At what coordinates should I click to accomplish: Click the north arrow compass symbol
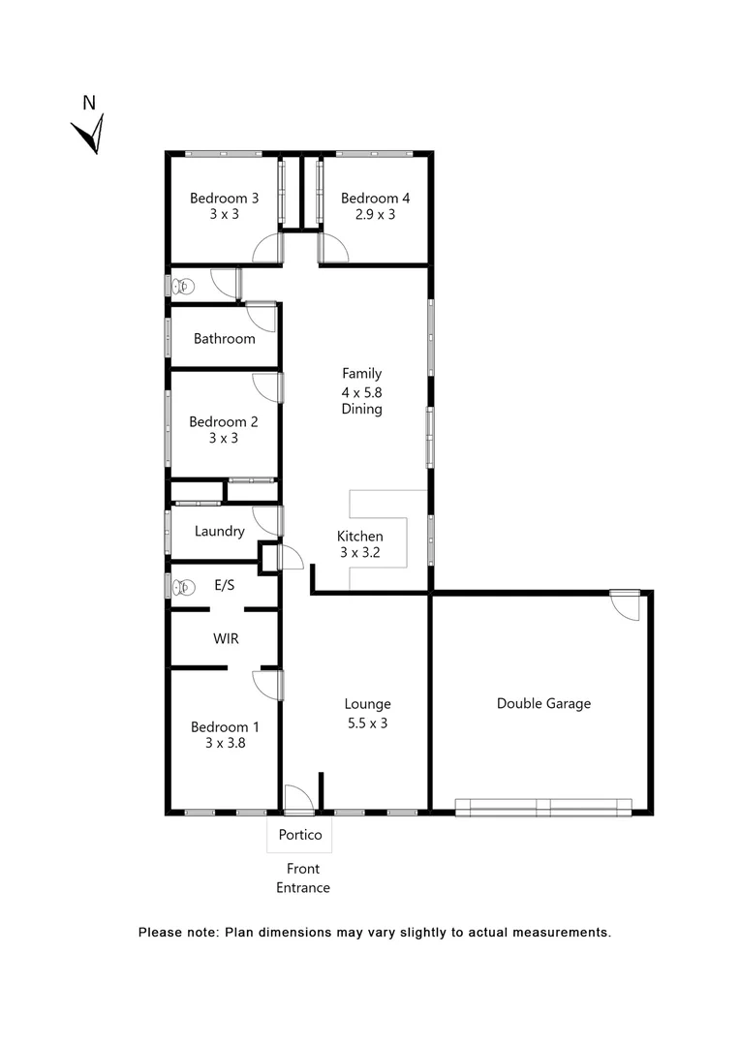coord(90,130)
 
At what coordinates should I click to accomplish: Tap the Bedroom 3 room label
coord(224,198)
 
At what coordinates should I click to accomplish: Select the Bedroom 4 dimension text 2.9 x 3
coord(375,214)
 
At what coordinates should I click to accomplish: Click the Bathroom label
coord(224,338)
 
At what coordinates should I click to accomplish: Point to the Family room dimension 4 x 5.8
coord(361,391)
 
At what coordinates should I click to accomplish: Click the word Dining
coord(361,409)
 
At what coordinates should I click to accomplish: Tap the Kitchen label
coord(359,536)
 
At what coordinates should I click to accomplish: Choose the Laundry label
coord(219,531)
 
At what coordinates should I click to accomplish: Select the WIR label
coord(226,639)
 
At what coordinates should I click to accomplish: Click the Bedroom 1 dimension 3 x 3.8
coord(224,743)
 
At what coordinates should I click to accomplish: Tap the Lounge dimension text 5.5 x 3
coord(367,722)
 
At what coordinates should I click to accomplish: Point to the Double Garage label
coord(543,703)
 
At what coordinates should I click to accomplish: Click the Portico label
coord(299,834)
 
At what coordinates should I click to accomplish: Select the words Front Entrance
coord(303,877)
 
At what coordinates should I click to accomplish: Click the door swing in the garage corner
coord(626,605)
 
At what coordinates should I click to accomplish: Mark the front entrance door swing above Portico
coord(298,797)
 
